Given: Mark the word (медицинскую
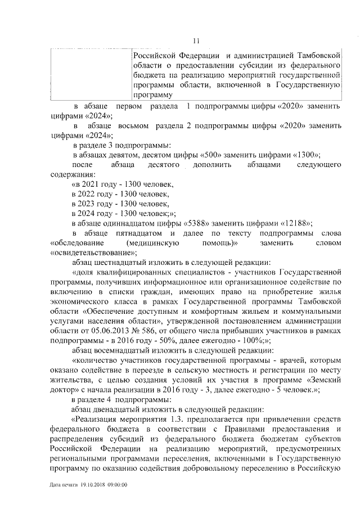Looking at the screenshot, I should [153, 244].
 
